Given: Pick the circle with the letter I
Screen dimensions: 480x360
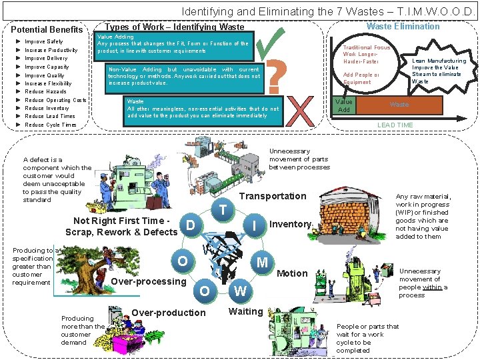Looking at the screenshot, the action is click(255, 226).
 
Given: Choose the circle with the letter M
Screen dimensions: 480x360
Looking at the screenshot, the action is click(263, 262).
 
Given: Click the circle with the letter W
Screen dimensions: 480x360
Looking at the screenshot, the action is click(240, 291).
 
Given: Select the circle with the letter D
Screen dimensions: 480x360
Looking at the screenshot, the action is click(191, 225).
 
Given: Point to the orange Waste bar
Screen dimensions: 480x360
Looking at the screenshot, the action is click(399, 105).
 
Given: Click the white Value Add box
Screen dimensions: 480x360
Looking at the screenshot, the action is click(343, 105).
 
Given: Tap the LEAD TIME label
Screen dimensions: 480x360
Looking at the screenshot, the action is click(395, 125).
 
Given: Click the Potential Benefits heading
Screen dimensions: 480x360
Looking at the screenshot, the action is click(47, 29).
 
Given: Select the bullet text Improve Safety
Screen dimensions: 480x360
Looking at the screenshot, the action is click(43, 41).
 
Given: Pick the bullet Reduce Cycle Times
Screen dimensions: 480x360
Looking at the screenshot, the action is click(51, 125).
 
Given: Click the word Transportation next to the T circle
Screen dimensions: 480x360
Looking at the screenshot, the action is click(272, 196).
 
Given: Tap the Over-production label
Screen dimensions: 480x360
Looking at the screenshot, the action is click(169, 313).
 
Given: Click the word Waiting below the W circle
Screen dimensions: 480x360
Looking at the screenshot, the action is click(245, 311).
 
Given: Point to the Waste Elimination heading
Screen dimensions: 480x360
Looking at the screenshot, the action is click(403, 27).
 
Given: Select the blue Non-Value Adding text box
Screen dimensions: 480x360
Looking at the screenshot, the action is click(184, 77).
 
